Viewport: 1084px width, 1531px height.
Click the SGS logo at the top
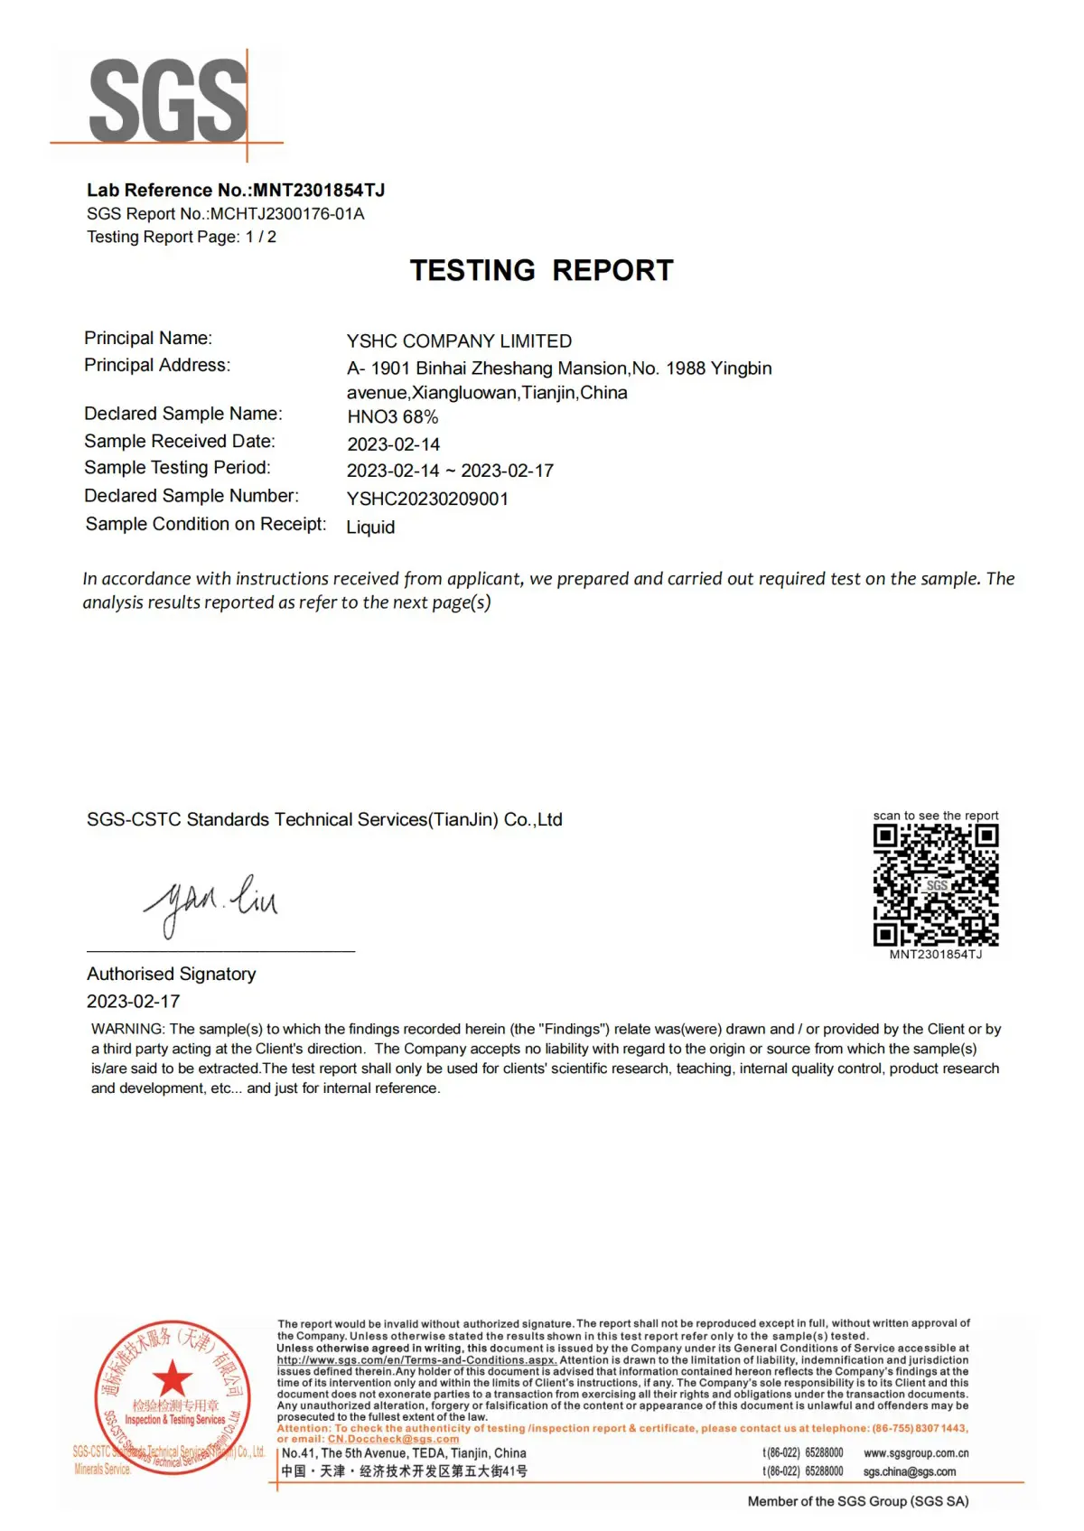pyautogui.click(x=168, y=101)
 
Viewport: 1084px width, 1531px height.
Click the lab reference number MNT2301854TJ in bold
pyautogui.click(x=319, y=190)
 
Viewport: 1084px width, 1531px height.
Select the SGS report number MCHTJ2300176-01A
pyautogui.click(x=287, y=214)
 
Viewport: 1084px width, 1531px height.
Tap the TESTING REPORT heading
pyautogui.click(x=542, y=270)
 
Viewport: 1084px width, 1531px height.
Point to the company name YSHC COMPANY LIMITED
pyautogui.click(x=459, y=341)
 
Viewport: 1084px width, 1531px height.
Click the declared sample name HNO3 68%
pyautogui.click(x=393, y=417)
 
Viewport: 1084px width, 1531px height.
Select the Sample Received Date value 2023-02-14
pyautogui.click(x=393, y=444)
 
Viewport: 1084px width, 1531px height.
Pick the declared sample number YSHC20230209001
pyautogui.click(x=427, y=499)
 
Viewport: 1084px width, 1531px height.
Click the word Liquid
pyautogui.click(x=370, y=527)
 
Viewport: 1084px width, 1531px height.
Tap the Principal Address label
pyautogui.click(x=157, y=365)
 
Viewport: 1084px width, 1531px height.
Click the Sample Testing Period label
pyautogui.click(x=177, y=468)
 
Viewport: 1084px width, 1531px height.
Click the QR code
pyautogui.click(x=935, y=885)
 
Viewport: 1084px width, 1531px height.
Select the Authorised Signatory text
pyautogui.click(x=172, y=974)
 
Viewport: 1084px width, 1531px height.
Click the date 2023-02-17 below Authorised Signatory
pyautogui.click(x=134, y=1001)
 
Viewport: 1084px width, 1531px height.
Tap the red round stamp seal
pyautogui.click(x=172, y=1396)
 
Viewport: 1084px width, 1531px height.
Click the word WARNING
pyautogui.click(x=127, y=1029)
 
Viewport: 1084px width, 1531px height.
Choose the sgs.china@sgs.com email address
pyautogui.click(x=909, y=1471)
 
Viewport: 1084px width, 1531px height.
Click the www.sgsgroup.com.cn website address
pyautogui.click(x=916, y=1453)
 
